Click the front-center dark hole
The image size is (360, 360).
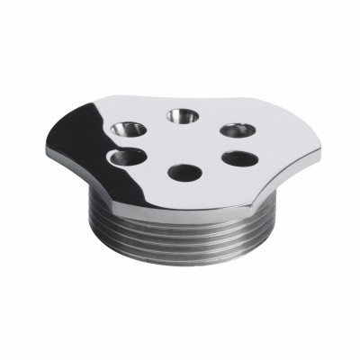tap(184, 171)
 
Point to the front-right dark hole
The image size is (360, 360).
tap(240, 159)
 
